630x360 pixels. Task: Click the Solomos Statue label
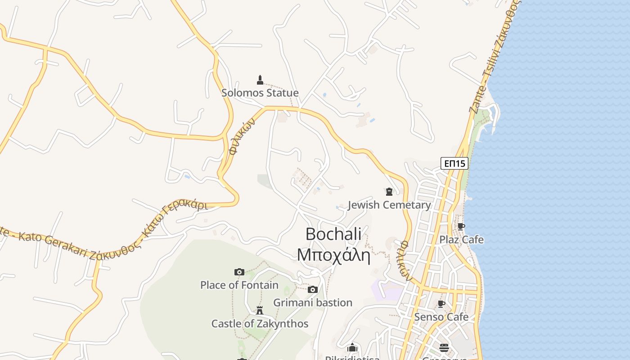(260, 93)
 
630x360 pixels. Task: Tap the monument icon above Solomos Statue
(260, 80)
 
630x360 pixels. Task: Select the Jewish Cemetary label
(389, 205)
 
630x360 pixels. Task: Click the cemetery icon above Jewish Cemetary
(389, 192)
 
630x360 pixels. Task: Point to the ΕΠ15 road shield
(454, 163)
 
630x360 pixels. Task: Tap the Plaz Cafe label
(461, 239)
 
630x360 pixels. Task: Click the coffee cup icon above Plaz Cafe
(461, 226)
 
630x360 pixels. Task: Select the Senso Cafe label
(441, 317)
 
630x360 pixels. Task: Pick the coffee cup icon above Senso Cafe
(441, 304)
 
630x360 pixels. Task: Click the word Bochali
(333, 234)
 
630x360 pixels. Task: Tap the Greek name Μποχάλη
(333, 255)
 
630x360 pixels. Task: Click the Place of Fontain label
(239, 285)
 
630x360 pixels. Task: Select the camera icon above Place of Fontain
(239, 272)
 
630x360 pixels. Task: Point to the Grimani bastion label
(313, 302)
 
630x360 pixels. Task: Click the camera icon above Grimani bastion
(313, 289)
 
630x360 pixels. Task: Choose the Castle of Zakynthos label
(260, 324)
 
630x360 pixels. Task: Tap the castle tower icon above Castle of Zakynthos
(260, 310)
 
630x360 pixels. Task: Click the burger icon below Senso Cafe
(444, 347)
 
